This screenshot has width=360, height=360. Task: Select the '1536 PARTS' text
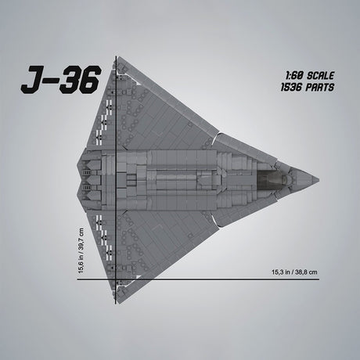pyautogui.click(x=310, y=88)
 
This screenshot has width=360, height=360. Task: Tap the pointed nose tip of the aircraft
pyautogui.click(x=318, y=179)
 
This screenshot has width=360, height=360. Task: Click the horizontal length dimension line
pyautogui.click(x=196, y=279)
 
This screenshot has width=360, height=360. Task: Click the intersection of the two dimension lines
pyautogui.click(x=116, y=279)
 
